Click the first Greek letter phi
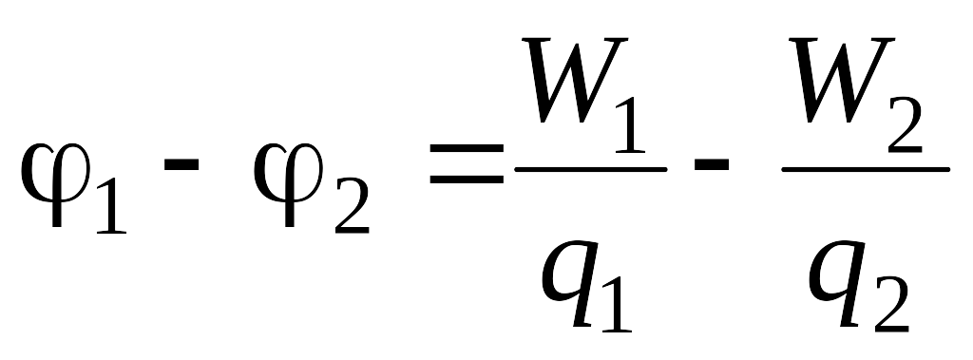coord(56,184)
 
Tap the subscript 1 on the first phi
coord(112,205)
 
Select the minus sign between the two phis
coord(181,165)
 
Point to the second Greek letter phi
coord(289,184)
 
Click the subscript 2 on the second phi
coord(352,205)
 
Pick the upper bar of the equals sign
coord(467,149)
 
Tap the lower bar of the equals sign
coord(467,180)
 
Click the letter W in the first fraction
coord(574,80)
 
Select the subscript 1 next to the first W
coord(631,124)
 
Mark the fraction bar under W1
coord(591,169)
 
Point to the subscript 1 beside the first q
coord(617,305)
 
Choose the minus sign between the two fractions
coord(711,165)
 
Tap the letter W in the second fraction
coord(841,80)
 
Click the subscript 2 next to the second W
coord(905,124)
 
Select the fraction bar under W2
coord(866,169)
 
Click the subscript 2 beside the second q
coord(891,305)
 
